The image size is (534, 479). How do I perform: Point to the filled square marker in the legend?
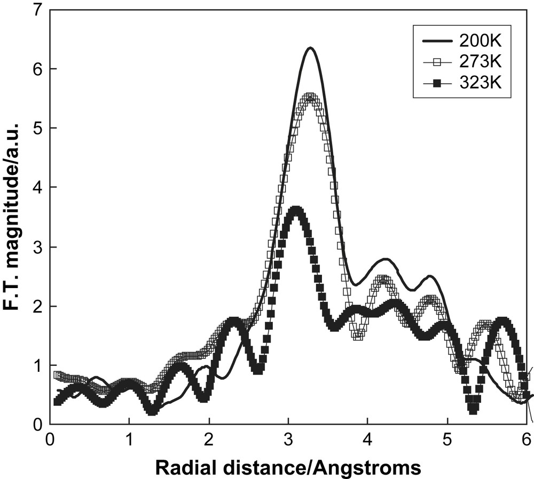coord(436,83)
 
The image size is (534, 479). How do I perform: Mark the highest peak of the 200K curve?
coord(310,48)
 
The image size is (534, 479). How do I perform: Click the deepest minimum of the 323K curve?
coord(472,410)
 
